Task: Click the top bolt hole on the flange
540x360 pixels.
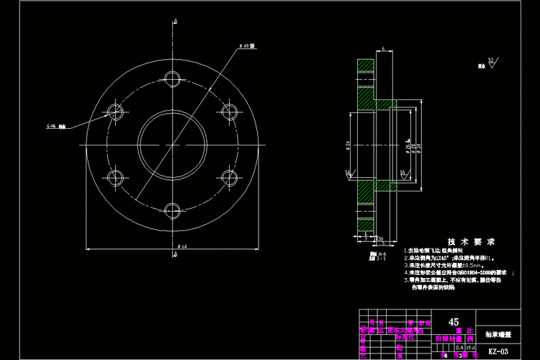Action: point(172,78)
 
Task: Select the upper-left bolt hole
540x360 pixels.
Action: point(115,111)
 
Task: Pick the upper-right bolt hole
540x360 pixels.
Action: point(230,111)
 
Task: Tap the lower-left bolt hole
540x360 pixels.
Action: point(115,177)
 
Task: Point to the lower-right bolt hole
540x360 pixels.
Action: point(230,177)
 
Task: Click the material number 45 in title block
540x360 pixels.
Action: point(454,323)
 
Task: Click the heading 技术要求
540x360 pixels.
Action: point(471,242)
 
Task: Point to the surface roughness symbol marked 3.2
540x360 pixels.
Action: point(492,63)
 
